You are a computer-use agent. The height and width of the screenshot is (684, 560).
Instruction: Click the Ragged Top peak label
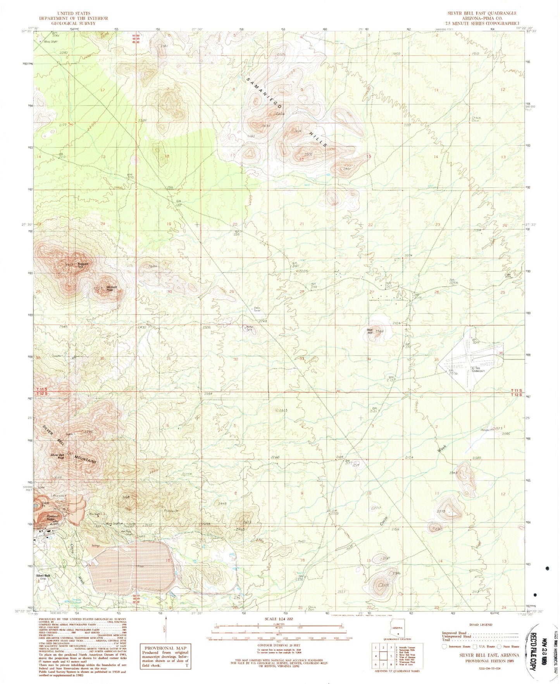tap(83, 265)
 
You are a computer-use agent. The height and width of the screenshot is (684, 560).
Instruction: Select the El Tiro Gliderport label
tap(478, 370)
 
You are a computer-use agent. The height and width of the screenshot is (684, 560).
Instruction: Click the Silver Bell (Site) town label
tap(43, 577)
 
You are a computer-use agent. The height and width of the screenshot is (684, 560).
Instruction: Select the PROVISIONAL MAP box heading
tap(165, 648)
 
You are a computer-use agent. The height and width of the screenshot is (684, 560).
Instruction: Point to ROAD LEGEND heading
tap(481, 625)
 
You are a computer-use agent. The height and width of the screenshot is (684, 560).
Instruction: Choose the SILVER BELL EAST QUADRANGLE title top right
tap(482, 13)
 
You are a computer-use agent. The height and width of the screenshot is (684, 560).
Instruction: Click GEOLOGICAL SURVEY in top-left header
tap(73, 23)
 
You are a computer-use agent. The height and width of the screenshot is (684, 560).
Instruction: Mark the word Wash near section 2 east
tap(442, 449)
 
